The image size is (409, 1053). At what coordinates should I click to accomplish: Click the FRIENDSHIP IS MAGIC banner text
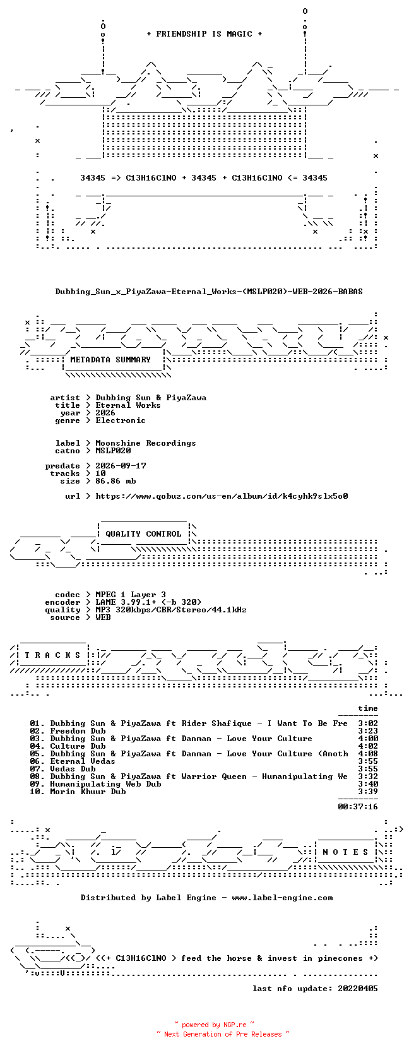coord(204,34)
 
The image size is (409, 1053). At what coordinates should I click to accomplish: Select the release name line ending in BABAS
coord(209,292)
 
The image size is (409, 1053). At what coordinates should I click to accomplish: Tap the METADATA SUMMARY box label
coord(110,360)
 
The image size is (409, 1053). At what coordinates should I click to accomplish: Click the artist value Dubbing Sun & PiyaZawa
coord(151,398)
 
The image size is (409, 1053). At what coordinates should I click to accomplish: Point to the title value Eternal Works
coord(128,405)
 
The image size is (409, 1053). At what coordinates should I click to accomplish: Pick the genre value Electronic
coord(121,420)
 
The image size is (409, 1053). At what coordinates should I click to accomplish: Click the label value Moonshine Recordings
coord(146,443)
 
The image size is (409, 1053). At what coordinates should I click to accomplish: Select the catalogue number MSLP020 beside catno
coord(113,450)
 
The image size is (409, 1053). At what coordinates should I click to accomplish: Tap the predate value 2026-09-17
coord(121,465)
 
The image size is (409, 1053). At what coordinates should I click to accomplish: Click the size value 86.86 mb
coord(115,481)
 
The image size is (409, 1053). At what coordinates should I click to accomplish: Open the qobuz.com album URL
coord(222,496)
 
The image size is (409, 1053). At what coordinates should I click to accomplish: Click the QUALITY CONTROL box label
coord(143,534)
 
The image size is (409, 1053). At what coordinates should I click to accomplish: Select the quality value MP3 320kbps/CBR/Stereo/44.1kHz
coord(171,610)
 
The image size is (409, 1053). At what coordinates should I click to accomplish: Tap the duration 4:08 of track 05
coord(368,754)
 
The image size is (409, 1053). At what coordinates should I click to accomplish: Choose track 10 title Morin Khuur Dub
coord(88,792)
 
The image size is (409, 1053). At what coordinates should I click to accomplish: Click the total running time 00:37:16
coord(358,807)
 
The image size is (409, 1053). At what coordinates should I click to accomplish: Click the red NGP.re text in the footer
coord(235,1025)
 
